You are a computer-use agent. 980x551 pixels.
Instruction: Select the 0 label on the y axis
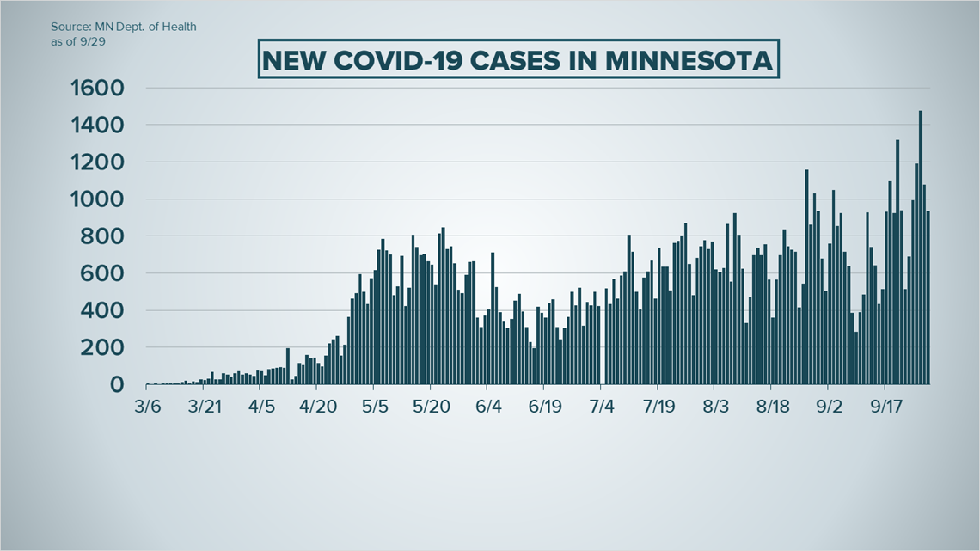116,385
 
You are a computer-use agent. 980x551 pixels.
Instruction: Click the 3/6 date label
148,407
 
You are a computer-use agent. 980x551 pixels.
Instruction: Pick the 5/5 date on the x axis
375,407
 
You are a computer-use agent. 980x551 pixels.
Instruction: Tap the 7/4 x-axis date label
602,407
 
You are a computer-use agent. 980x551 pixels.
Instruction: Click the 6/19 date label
545,407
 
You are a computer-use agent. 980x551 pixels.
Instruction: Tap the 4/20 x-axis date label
317,407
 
